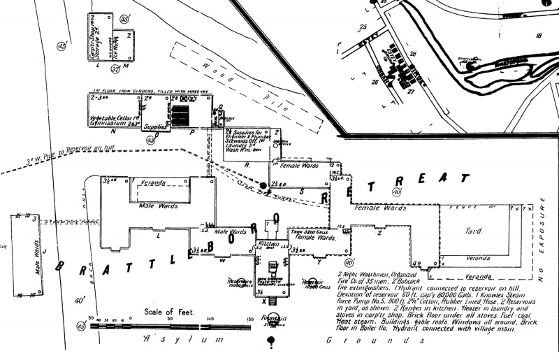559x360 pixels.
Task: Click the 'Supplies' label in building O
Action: (x=155, y=127)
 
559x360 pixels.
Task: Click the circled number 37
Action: (x=117, y=69)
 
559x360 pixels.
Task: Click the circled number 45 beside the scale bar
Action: (x=81, y=326)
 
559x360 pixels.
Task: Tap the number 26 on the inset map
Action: (x=375, y=82)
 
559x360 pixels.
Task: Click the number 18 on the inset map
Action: (x=538, y=35)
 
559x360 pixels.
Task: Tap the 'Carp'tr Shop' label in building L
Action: (x=92, y=41)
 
